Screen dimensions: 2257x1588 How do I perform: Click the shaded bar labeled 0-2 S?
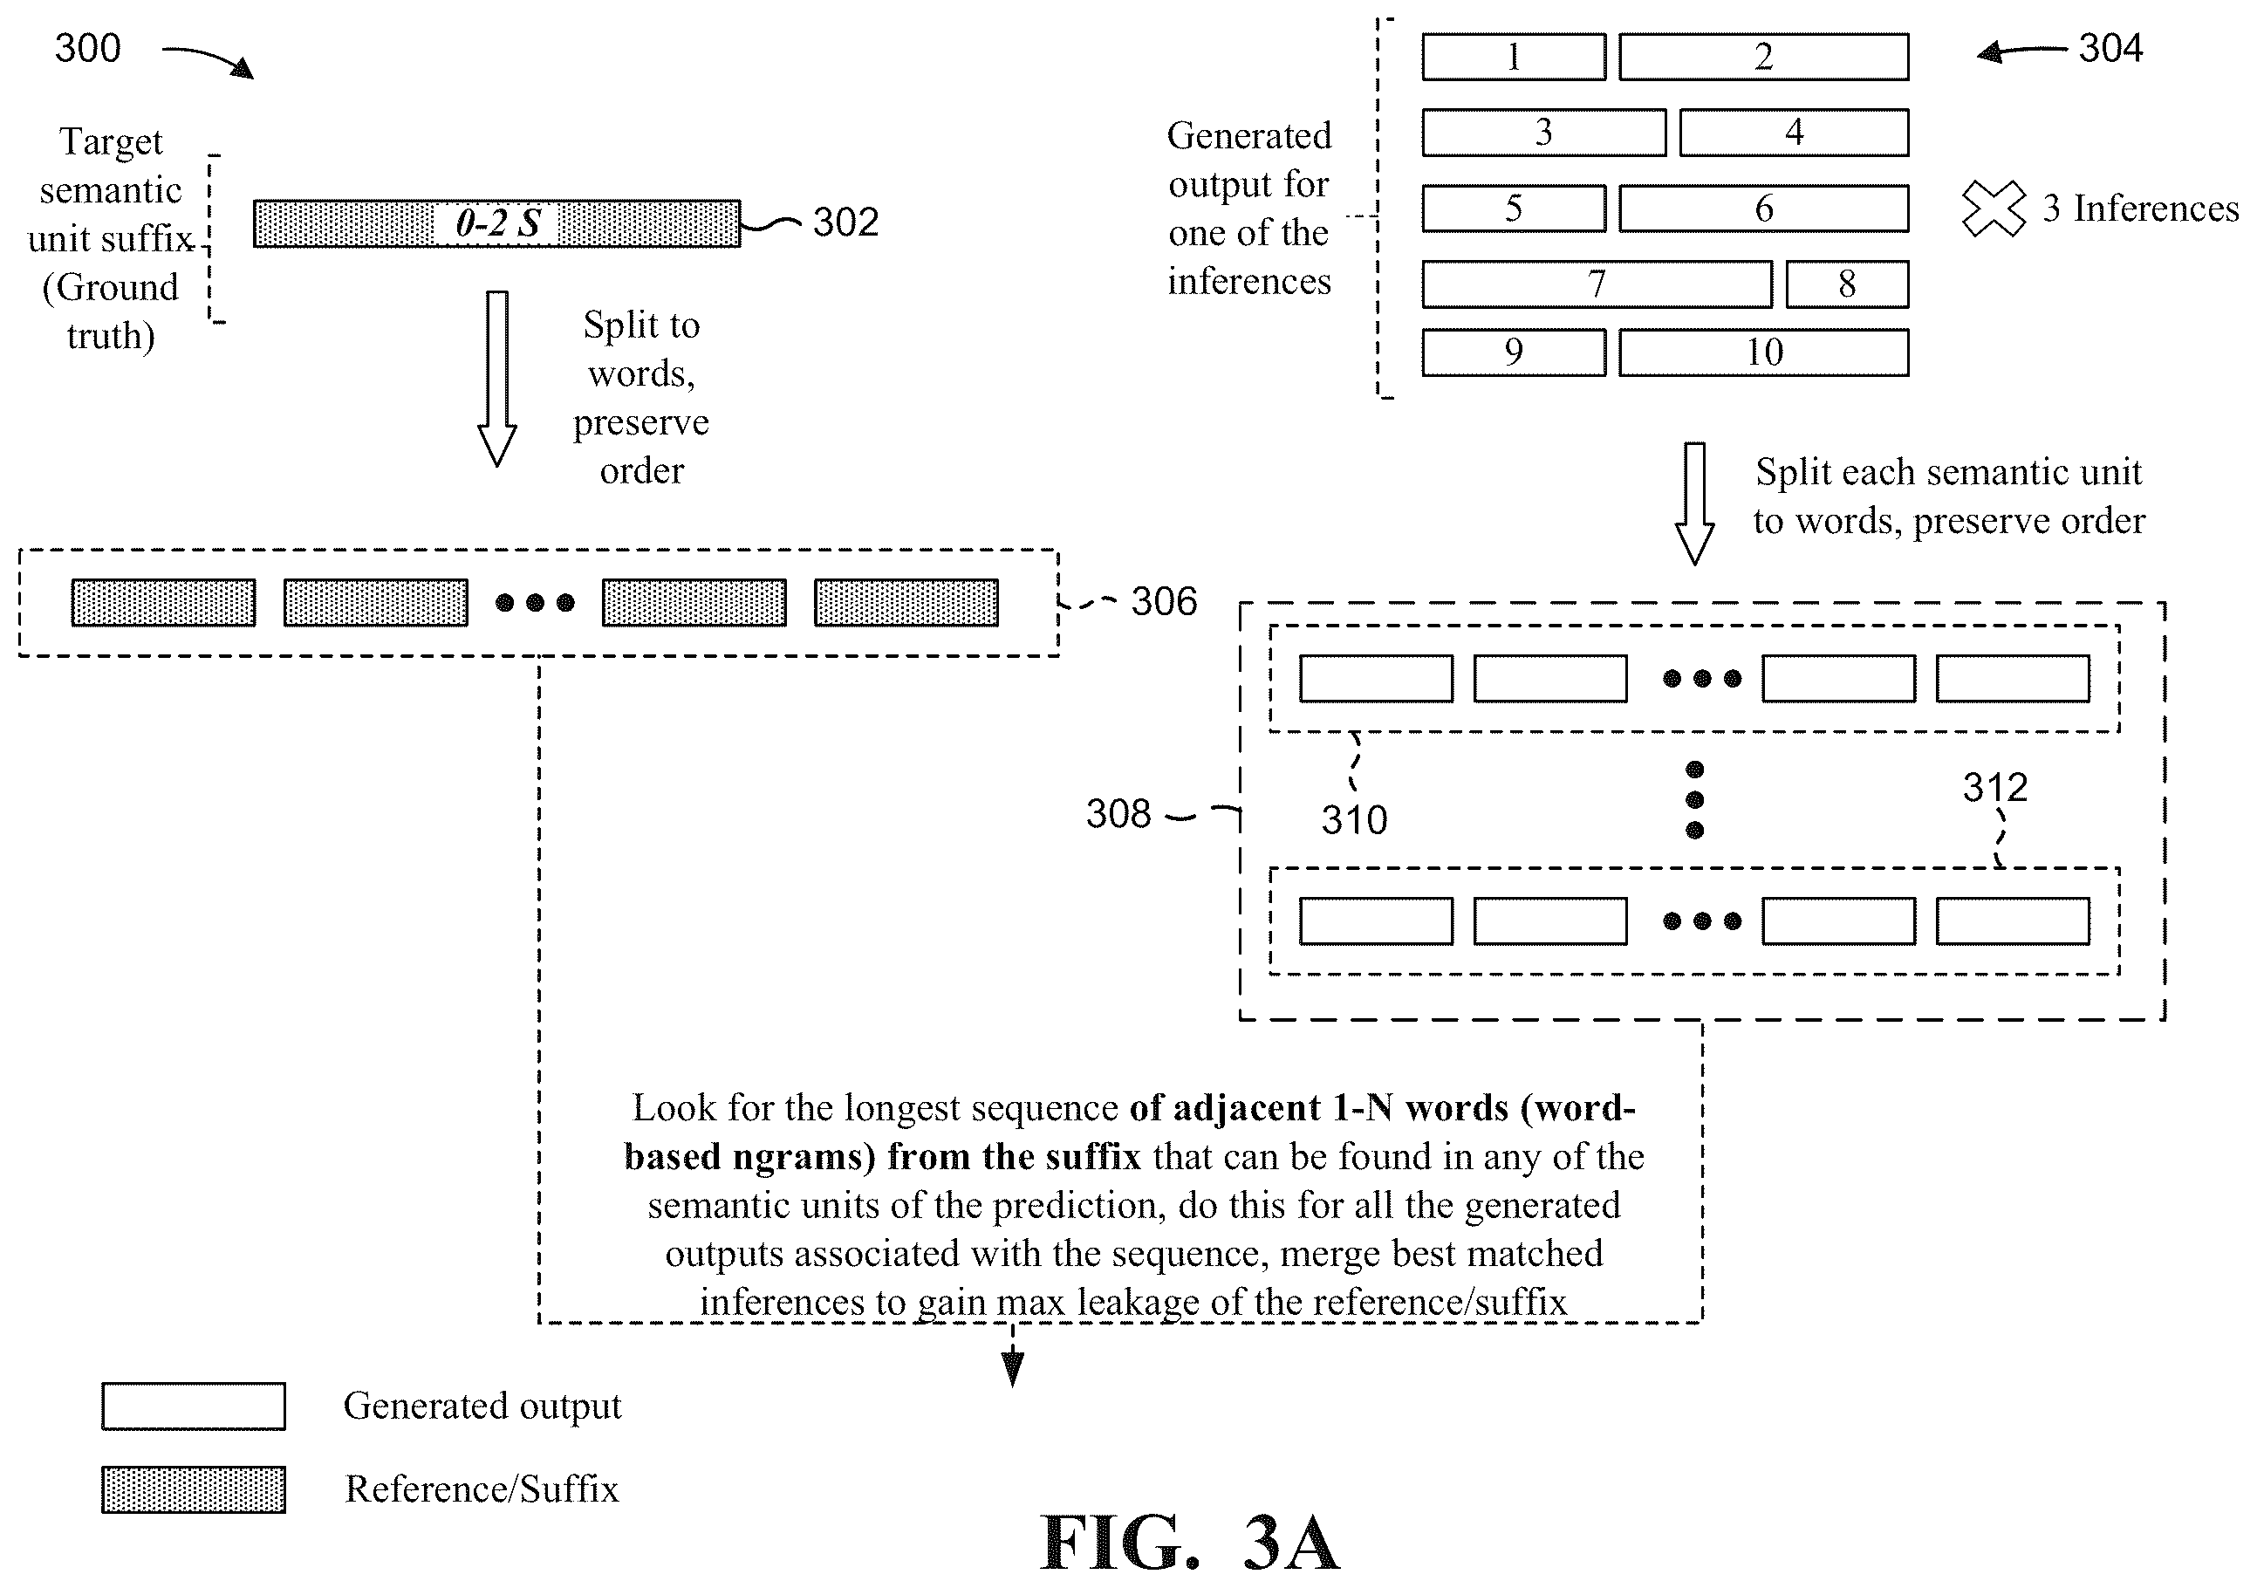pyautogui.click(x=496, y=223)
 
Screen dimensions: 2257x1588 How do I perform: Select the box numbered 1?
pyautogui.click(x=1514, y=57)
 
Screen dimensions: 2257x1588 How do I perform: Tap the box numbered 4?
pyautogui.click(x=1794, y=133)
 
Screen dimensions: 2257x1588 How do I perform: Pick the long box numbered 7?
pyautogui.click(x=1597, y=284)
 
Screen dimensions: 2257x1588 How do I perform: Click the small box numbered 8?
pyautogui.click(x=1847, y=284)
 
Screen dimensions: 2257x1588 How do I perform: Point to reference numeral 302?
pyautogui.click(x=845, y=222)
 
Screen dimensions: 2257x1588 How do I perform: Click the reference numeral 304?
pyautogui.click(x=2110, y=48)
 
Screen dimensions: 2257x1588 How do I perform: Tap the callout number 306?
pyautogui.click(x=1164, y=602)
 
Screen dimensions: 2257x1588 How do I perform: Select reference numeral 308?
pyautogui.click(x=1118, y=814)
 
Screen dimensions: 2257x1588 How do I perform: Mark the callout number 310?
pyautogui.click(x=1354, y=820)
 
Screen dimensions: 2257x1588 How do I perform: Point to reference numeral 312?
pyautogui.click(x=1995, y=788)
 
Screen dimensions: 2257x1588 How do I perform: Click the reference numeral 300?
pyautogui.click(x=87, y=48)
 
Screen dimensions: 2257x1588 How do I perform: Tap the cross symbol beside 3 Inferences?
pyautogui.click(x=1994, y=209)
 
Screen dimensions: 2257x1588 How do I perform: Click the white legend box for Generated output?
pyautogui.click(x=194, y=1407)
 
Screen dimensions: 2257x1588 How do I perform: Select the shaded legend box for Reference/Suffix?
pyautogui.click(x=194, y=1489)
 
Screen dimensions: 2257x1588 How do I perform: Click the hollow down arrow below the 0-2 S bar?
pyautogui.click(x=497, y=379)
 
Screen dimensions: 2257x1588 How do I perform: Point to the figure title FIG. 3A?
pyautogui.click(x=1189, y=1543)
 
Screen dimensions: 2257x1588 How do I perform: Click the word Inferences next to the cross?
pyautogui.click(x=2156, y=209)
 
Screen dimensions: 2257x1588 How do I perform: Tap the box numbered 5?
pyautogui.click(x=1514, y=209)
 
